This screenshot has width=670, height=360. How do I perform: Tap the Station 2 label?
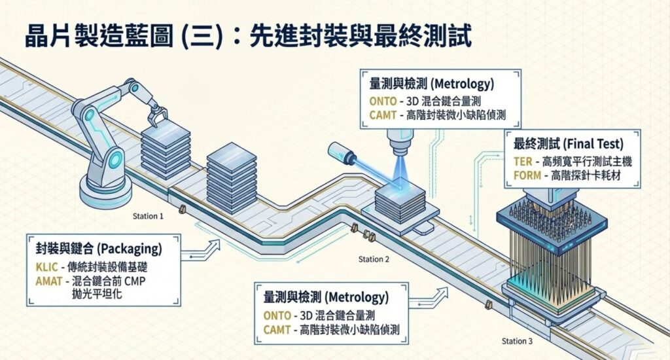pyautogui.click(x=374, y=259)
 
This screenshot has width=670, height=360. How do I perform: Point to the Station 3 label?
pyautogui.click(x=517, y=341)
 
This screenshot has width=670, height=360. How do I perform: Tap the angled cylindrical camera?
pyautogui.click(x=344, y=153)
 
